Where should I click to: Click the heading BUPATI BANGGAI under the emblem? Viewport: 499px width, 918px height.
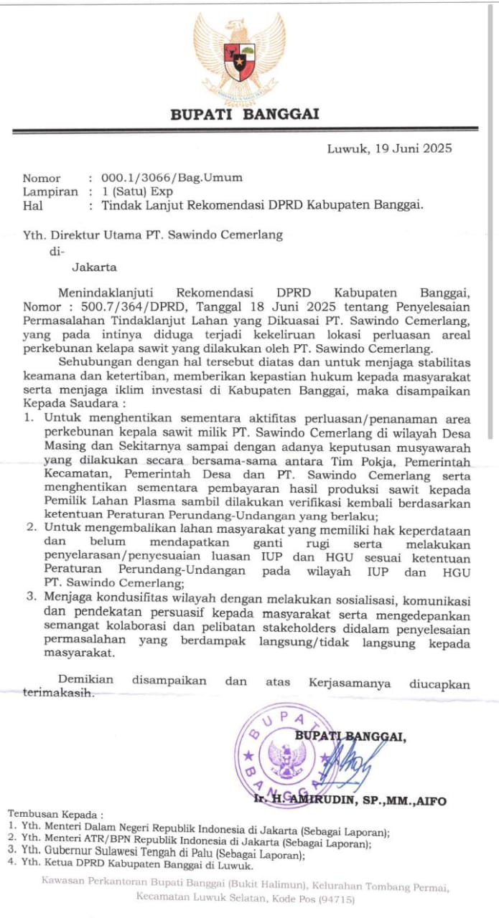(x=244, y=114)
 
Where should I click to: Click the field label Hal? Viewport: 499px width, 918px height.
(x=33, y=205)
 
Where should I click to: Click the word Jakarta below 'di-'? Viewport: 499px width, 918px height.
(x=94, y=268)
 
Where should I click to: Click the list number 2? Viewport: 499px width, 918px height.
(x=30, y=528)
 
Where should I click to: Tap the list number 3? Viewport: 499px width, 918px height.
(x=30, y=596)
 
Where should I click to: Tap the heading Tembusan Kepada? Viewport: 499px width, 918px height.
(x=55, y=815)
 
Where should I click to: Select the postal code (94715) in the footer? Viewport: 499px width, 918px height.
(x=335, y=899)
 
